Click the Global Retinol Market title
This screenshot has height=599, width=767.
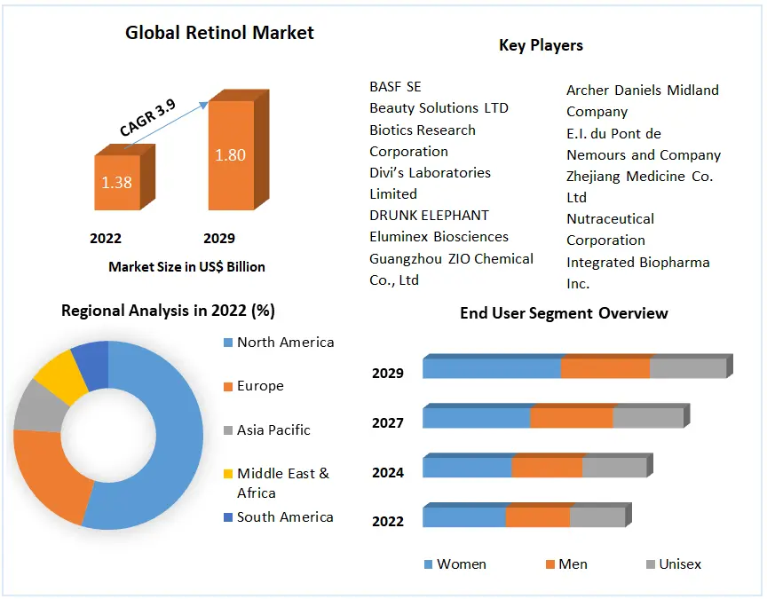pos(219,33)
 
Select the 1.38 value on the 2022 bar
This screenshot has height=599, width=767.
pos(116,183)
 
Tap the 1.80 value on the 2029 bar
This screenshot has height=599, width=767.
pos(230,154)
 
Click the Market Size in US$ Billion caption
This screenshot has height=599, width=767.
pos(186,266)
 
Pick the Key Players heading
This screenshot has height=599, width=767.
pos(541,45)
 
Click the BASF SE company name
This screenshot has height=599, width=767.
pos(395,87)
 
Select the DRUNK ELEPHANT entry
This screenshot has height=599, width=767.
pos(429,215)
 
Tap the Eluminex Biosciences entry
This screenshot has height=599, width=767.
pos(439,236)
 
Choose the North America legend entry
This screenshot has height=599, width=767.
pos(285,343)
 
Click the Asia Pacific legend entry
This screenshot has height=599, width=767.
pos(273,430)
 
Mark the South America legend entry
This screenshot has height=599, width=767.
pos(285,516)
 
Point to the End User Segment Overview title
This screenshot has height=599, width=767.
pos(564,313)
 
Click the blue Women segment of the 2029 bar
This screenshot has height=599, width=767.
pos(491,368)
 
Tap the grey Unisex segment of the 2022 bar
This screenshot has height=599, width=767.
pos(597,517)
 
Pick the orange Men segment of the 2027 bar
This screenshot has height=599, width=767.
pos(571,418)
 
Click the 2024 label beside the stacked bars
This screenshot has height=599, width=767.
pos(388,472)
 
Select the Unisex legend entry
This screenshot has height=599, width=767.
pos(679,564)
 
